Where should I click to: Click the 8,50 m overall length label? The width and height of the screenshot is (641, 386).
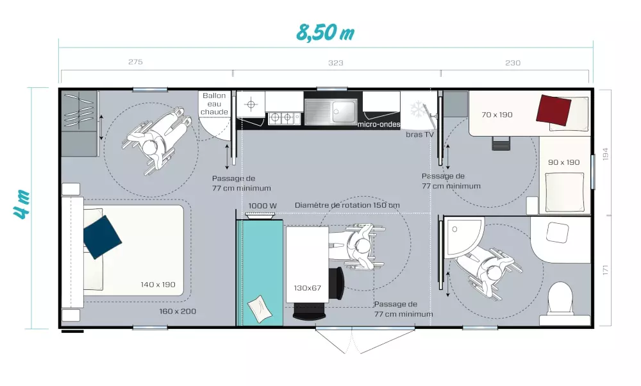tap(325, 33)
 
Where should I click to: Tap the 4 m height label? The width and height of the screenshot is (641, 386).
tap(22, 204)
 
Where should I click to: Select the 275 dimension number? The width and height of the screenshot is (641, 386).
tap(135, 62)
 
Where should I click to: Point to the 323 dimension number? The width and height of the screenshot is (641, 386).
tap(336, 63)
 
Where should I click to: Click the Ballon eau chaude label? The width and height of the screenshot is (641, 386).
tap(214, 103)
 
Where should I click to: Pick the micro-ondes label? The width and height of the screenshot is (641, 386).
tap(379, 124)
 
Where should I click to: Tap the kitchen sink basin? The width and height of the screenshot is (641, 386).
tap(344, 110)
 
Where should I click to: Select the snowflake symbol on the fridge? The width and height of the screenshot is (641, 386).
tap(418, 109)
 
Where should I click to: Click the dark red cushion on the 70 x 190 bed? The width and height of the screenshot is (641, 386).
tap(554, 110)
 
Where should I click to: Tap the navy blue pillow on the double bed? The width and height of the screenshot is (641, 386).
tap(102, 237)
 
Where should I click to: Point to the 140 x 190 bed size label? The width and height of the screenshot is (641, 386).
tap(158, 285)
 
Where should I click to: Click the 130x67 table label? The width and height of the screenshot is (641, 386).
tap(308, 288)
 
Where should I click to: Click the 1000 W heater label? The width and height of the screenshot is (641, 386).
tap(262, 206)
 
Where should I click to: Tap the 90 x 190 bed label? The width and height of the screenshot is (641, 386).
tap(563, 162)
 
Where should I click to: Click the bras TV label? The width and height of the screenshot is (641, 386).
tap(420, 135)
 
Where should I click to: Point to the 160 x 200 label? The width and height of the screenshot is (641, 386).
tap(178, 311)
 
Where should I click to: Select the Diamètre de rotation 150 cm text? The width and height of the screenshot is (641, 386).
tap(347, 205)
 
